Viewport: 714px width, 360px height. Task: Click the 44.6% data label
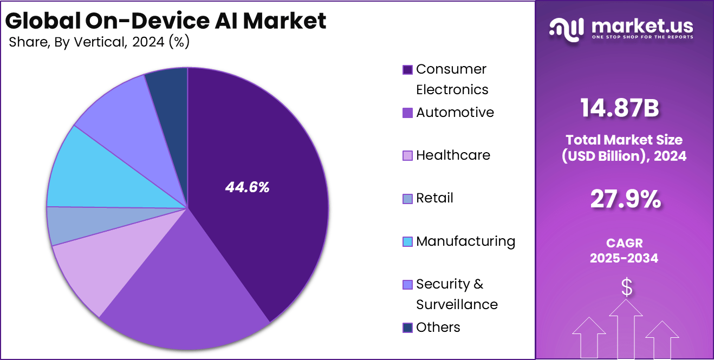(x=247, y=187)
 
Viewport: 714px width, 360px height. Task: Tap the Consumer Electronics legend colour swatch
(x=407, y=70)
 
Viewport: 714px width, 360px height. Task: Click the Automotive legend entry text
(x=455, y=112)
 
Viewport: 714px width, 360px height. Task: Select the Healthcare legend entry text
(x=453, y=155)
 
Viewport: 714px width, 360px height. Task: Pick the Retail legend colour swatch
(x=407, y=199)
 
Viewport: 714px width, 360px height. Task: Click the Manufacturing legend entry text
(x=465, y=241)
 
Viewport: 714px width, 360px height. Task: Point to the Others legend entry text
(x=438, y=327)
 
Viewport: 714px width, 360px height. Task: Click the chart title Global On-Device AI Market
(x=166, y=21)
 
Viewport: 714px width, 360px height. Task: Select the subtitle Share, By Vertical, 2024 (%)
(x=99, y=42)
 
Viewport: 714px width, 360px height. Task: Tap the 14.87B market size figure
(x=620, y=108)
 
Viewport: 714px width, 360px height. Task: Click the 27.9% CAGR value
(x=625, y=200)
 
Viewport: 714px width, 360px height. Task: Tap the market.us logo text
(x=642, y=26)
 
